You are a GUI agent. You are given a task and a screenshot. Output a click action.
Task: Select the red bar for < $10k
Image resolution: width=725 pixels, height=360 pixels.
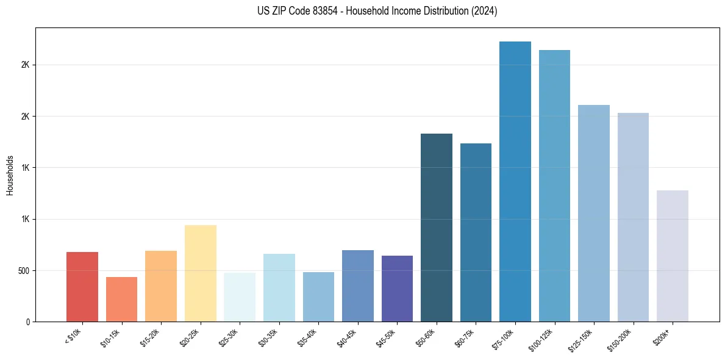pyautogui.click(x=82, y=287)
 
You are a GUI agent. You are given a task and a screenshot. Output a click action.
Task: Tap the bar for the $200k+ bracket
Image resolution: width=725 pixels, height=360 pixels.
pyautogui.click(x=673, y=256)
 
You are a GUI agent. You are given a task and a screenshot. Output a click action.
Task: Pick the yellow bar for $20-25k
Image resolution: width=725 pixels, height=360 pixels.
pyautogui.click(x=201, y=273)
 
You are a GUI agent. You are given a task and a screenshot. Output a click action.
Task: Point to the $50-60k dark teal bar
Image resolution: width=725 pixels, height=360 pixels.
pyautogui.click(x=437, y=228)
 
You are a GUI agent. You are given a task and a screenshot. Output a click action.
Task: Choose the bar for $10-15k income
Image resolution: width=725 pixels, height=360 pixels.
pyautogui.click(x=121, y=300)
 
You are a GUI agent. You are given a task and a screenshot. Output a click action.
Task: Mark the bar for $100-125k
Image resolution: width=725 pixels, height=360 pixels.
pyautogui.click(x=554, y=186)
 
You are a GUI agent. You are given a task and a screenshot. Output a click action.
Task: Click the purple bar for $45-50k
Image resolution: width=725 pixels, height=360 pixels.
pyautogui.click(x=397, y=289)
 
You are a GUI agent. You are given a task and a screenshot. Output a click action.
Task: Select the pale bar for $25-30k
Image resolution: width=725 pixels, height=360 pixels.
pyautogui.click(x=240, y=297)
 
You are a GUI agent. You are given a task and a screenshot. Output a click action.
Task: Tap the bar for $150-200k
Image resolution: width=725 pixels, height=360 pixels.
pyautogui.click(x=633, y=217)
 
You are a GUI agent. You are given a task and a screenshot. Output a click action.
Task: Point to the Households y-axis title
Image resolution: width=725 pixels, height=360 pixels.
pyautogui.click(x=10, y=175)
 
